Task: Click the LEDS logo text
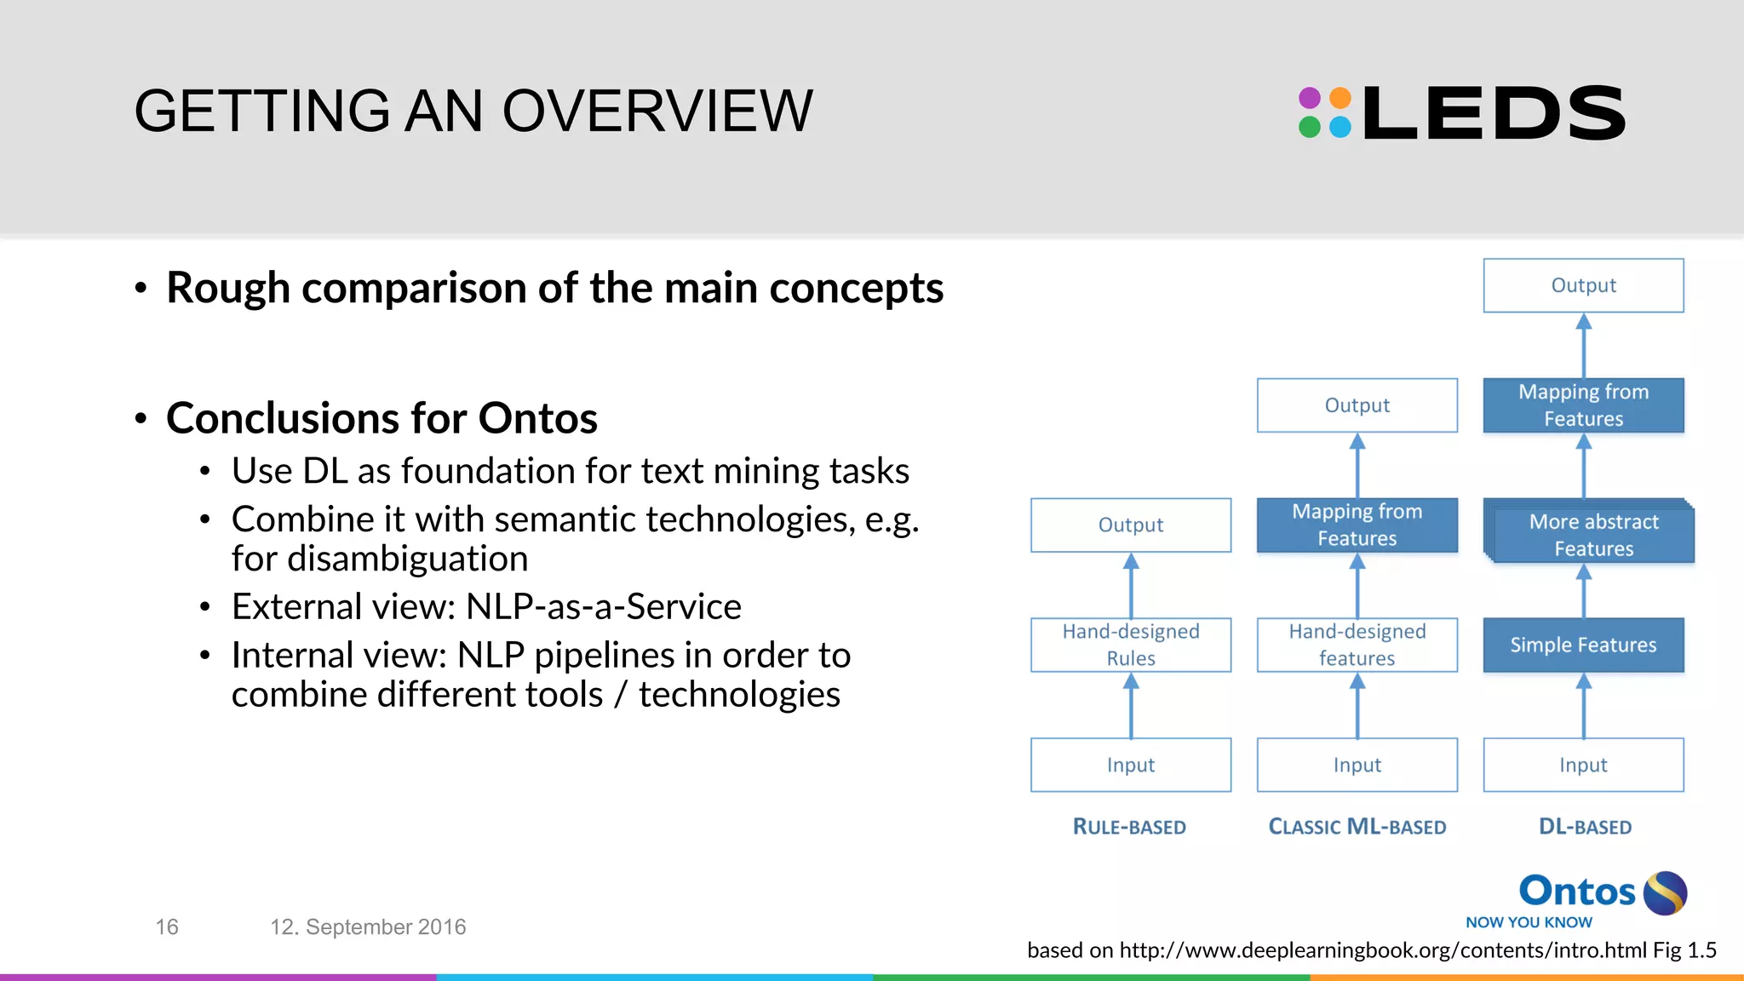pos(1494,113)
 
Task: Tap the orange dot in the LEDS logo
pos(1340,98)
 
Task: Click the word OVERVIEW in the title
pos(657,112)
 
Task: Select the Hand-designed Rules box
pos(1131,645)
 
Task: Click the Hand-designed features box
pos(1357,645)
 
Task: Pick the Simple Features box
pos(1583,645)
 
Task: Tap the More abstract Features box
pos(1592,535)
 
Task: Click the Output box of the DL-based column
pos(1583,285)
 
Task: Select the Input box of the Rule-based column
pos(1131,765)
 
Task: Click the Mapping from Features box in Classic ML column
pos(1357,525)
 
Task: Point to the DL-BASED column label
pos(1585,827)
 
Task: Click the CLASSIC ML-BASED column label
pos(1357,827)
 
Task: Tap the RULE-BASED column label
pos(1129,827)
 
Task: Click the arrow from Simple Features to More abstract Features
pos(1583,592)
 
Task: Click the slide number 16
pos(167,926)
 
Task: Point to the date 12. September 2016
pos(368,926)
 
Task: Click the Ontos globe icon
pos(1665,892)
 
